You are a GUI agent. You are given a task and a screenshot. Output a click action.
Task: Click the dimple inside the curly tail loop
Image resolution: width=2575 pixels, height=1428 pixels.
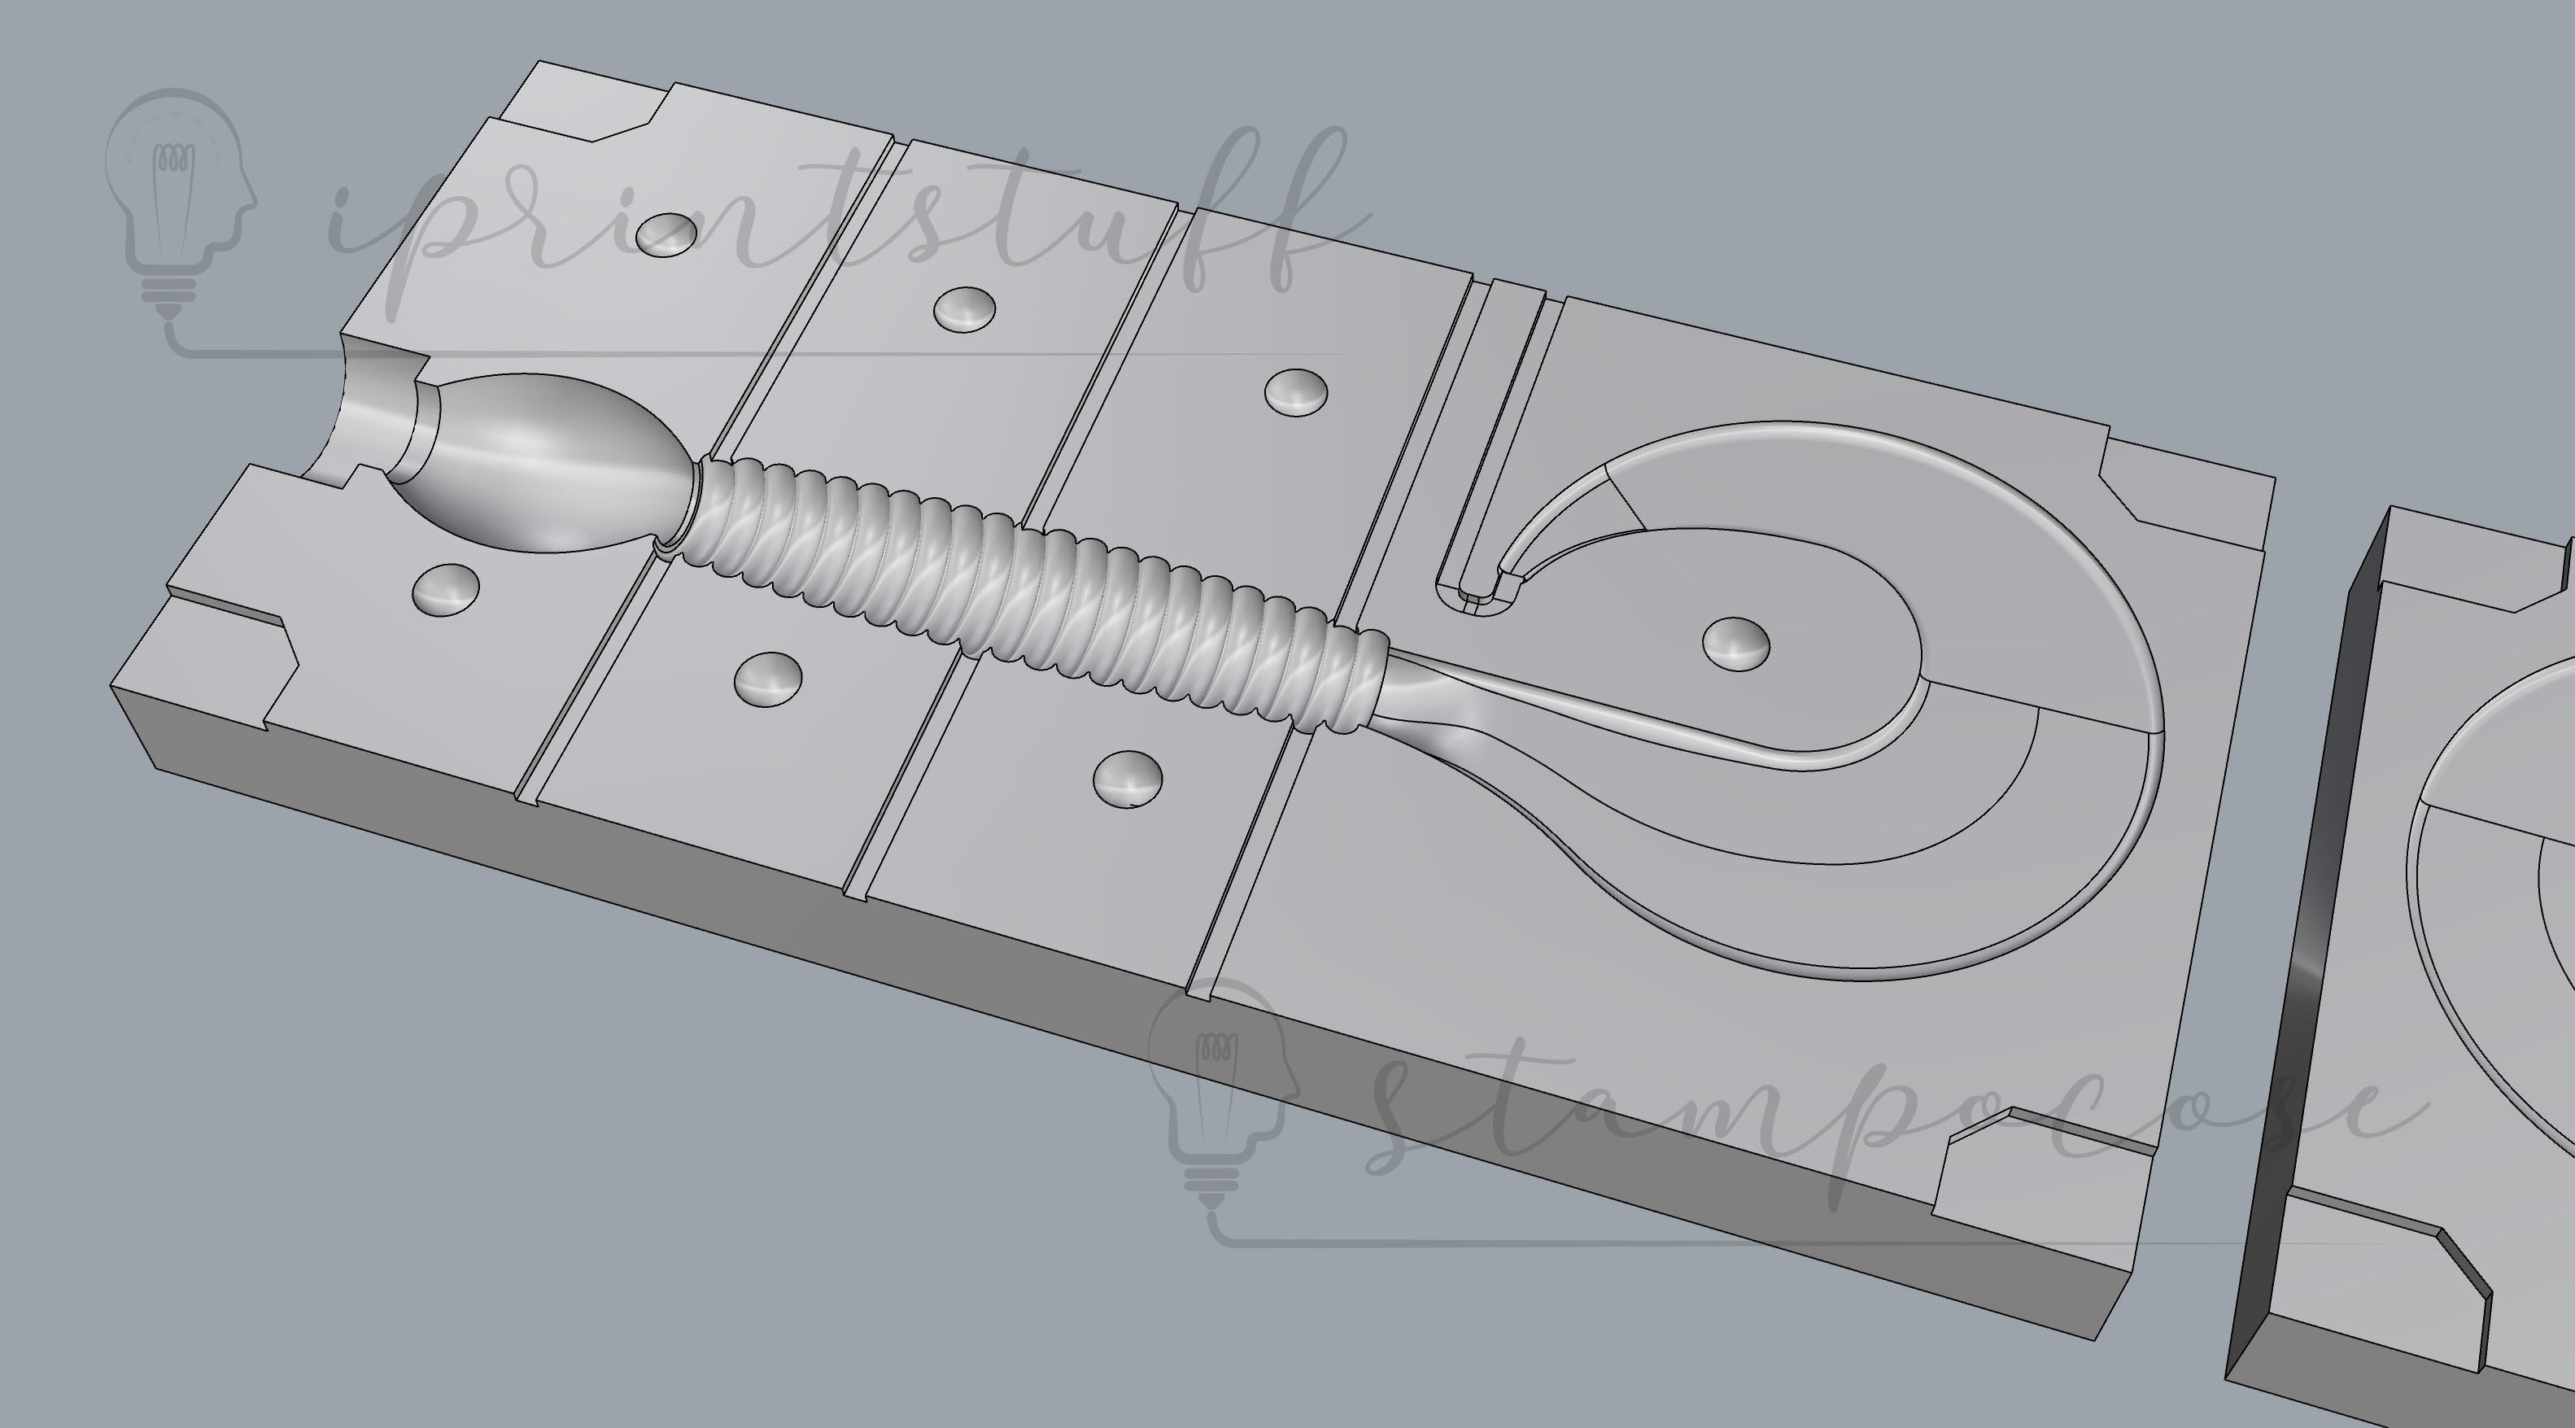tap(1735, 643)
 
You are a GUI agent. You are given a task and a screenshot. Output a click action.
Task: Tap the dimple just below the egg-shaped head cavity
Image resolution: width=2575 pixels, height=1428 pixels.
tap(445, 588)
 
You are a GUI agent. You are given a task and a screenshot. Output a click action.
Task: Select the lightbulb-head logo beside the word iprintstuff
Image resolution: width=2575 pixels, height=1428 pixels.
tap(180, 200)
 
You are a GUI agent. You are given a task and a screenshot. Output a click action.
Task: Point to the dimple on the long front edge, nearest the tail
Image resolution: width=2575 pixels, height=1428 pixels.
tap(1128, 778)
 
